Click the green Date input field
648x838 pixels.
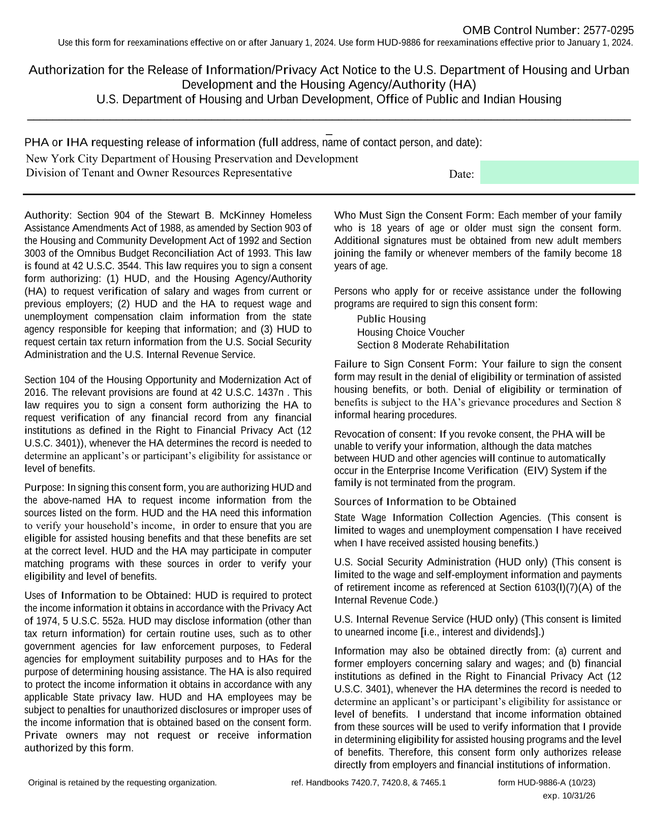click(x=559, y=172)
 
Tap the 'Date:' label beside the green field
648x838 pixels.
click(x=461, y=174)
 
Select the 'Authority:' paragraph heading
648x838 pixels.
click(x=49, y=215)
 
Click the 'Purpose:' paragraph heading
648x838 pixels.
click(x=44, y=488)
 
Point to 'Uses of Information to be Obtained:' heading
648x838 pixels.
click(x=107, y=596)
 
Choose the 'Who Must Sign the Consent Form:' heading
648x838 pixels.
click(x=414, y=215)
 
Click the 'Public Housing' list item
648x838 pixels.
click(x=391, y=319)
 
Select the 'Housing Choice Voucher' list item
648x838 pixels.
click(x=411, y=332)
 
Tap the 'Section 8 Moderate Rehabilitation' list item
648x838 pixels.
click(x=433, y=345)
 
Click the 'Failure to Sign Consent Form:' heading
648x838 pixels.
click(x=405, y=364)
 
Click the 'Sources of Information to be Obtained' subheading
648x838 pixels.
click(x=425, y=502)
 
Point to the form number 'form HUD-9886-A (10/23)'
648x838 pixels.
click(x=546, y=783)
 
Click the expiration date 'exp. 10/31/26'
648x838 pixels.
click(x=569, y=796)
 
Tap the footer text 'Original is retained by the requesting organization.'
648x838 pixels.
click(x=122, y=783)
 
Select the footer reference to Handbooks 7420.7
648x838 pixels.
click(x=368, y=783)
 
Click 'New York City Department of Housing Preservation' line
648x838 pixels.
click(x=192, y=159)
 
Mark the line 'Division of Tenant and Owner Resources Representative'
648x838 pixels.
click(x=159, y=173)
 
